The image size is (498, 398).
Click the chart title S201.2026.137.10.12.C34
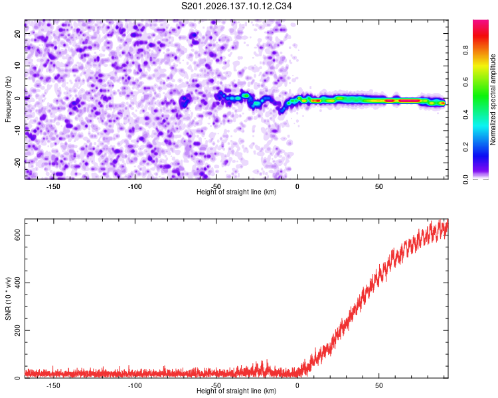[x=236, y=6]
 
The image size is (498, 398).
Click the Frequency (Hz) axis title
[x=8, y=99]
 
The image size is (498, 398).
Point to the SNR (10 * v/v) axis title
[x=8, y=298]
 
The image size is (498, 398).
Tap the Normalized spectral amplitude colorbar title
[x=493, y=99]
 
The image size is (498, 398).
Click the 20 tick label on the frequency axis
[x=17, y=34]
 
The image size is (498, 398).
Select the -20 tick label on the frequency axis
[x=17, y=163]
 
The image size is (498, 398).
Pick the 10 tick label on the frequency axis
[x=17, y=66]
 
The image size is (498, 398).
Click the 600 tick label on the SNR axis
[x=17, y=235]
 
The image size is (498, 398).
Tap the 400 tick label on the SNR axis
[x=17, y=283]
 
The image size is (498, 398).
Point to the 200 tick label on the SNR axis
[x=17, y=330]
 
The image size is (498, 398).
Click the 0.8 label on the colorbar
[x=465, y=50]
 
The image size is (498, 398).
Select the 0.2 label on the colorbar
[x=465, y=147]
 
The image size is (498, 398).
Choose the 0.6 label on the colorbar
[x=465, y=82]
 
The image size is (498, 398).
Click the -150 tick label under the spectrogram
[x=53, y=186]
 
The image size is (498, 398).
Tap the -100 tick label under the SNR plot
[x=135, y=386]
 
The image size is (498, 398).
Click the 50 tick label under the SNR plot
[x=379, y=386]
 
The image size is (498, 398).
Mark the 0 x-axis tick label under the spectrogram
[x=297, y=186]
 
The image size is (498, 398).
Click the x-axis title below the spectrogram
[x=236, y=192]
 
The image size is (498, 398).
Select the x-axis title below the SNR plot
[x=236, y=391]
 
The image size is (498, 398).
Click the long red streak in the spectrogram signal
[x=410, y=101]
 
